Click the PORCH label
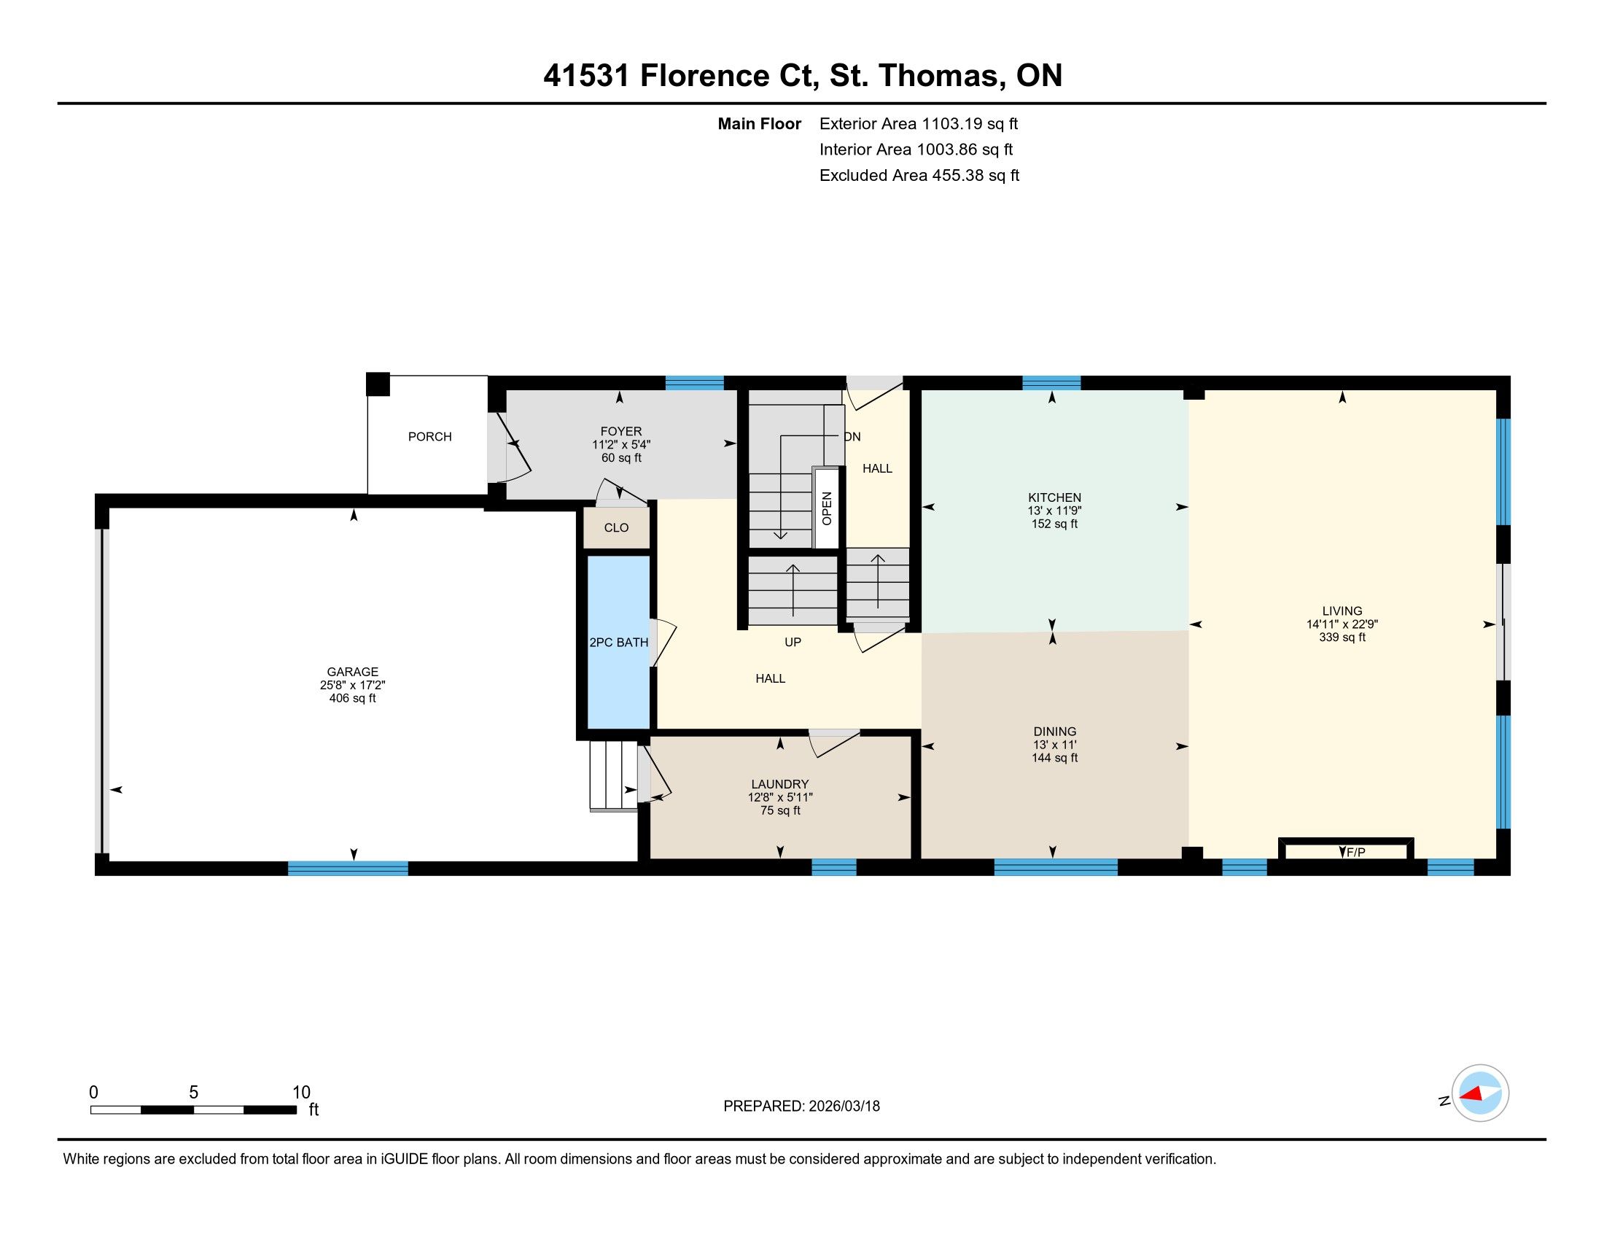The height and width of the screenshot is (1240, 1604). (x=429, y=436)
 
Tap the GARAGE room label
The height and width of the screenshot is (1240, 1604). (x=353, y=671)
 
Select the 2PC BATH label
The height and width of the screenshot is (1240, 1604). (x=618, y=642)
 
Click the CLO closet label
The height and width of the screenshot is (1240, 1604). (x=616, y=527)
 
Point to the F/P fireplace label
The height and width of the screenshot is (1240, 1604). (x=1356, y=852)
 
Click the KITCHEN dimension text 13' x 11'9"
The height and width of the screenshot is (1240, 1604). (x=1055, y=511)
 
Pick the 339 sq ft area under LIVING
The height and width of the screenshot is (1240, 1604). (x=1342, y=637)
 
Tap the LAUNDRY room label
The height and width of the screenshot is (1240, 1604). (x=780, y=784)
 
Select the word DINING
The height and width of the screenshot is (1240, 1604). (x=1055, y=731)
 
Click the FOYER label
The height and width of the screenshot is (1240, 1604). (x=620, y=431)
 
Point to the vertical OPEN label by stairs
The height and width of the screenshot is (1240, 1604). (x=827, y=508)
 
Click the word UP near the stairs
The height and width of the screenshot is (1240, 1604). (x=793, y=642)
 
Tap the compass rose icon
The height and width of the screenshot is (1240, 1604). (x=1480, y=1093)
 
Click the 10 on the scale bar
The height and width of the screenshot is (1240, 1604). (x=301, y=1092)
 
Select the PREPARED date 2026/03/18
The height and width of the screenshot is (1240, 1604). (x=844, y=1106)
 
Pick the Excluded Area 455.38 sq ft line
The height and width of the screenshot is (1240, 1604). (x=919, y=175)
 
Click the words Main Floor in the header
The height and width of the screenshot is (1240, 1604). (x=760, y=123)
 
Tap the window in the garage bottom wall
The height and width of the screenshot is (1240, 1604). (x=347, y=867)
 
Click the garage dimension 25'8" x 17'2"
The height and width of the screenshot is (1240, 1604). (x=353, y=685)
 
